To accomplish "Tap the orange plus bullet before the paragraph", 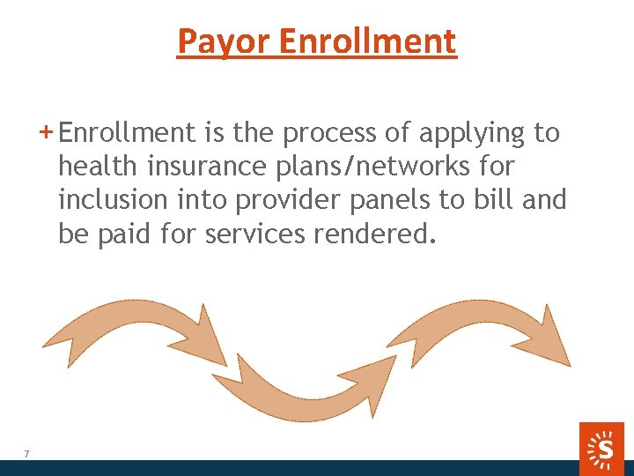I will click(x=47, y=132).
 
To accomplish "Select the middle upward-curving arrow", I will click(x=299, y=388).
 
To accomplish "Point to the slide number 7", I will click(x=26, y=454).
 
